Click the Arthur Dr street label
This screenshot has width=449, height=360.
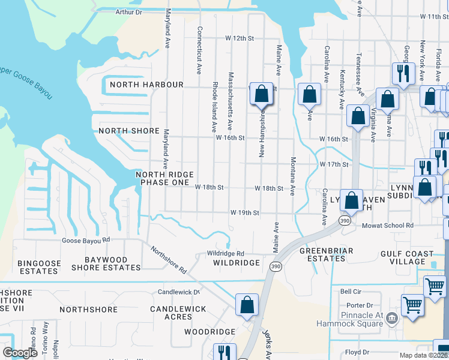pos(128,12)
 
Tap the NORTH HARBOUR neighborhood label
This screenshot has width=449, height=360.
pos(146,85)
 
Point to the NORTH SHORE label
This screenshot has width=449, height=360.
pos(129,131)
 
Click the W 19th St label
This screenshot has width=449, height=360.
pos(245,213)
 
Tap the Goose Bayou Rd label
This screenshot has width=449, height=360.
pos(86,240)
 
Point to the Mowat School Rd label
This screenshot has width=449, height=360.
pos(388,226)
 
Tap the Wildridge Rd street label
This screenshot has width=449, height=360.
pos(226,253)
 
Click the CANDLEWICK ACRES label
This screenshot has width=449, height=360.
pos(178,313)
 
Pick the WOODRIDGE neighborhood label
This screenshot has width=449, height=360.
pos(209,332)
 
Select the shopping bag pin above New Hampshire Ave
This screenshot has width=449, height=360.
pos(261,94)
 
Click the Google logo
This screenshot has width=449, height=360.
pos(20,353)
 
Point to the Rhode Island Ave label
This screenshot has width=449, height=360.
pos(214,106)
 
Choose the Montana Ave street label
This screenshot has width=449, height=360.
pos(293,176)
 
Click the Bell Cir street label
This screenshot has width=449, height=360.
pos(349,292)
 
